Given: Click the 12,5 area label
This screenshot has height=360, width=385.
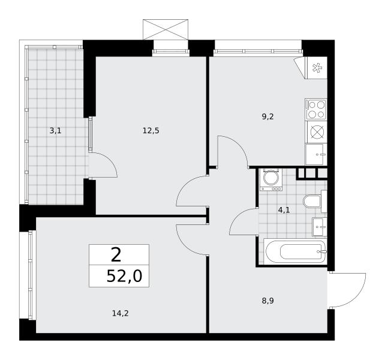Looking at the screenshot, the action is click(x=151, y=130).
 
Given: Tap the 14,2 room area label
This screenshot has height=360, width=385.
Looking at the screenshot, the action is click(x=121, y=313).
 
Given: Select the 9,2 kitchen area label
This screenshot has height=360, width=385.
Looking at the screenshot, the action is click(x=267, y=117).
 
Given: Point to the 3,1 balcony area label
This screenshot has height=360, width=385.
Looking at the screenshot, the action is click(x=56, y=130).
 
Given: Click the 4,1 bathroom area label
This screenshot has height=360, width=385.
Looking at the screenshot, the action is click(x=284, y=210).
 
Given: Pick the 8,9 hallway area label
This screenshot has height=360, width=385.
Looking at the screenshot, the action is click(x=267, y=301).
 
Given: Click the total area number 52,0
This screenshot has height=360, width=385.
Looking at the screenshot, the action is click(x=124, y=277).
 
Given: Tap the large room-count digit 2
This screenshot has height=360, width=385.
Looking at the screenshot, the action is click(x=116, y=255).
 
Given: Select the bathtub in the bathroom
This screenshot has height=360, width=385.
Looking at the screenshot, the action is click(x=296, y=251).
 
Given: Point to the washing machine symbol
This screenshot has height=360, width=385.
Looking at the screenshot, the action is click(x=271, y=179).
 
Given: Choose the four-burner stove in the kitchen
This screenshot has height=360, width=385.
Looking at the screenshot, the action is click(x=316, y=109).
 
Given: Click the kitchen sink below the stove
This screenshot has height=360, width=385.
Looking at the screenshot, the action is click(x=316, y=155).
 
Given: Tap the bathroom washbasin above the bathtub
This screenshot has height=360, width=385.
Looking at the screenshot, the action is click(x=320, y=227).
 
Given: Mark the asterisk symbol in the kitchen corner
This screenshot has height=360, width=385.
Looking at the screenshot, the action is click(x=317, y=68).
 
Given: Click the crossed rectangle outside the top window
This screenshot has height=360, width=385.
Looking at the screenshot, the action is click(x=166, y=29).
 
